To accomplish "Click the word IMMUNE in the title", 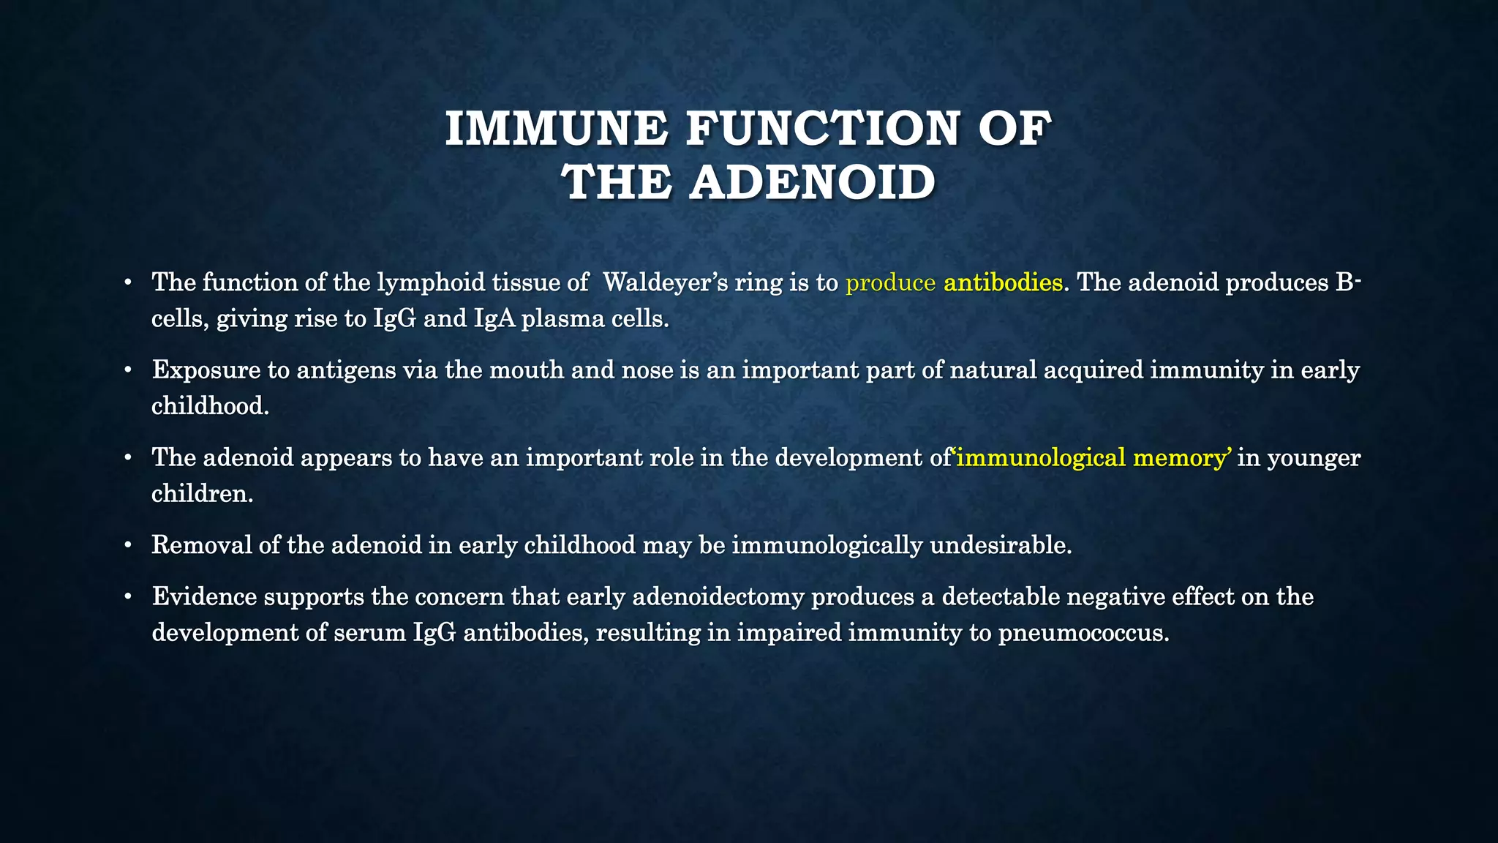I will coord(556,129).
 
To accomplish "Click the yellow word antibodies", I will coord(1003,282).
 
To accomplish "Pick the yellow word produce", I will coord(890,284).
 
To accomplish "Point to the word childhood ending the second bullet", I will coord(210,406).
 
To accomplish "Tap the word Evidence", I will coord(205,596).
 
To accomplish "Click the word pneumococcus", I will coord(1083,633).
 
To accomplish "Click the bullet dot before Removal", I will coord(128,546).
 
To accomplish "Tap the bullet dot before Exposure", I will coord(128,371).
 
